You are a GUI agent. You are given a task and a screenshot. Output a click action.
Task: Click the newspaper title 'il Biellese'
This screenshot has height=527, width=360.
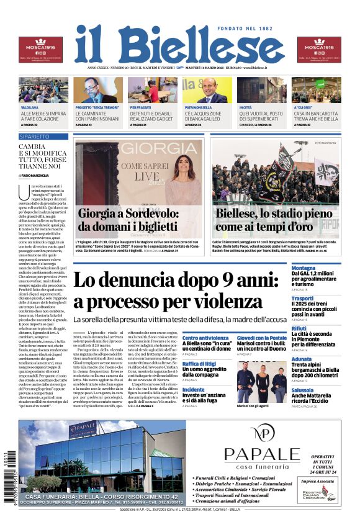[180, 45]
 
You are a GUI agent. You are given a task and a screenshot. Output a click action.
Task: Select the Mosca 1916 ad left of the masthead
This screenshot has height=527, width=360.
[40, 50]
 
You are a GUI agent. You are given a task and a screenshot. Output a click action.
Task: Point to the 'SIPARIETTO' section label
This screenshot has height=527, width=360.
[35, 136]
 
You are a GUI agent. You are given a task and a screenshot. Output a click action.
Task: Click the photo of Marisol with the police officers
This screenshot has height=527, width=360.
[261, 382]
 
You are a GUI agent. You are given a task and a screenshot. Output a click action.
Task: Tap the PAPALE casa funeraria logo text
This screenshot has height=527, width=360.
[261, 455]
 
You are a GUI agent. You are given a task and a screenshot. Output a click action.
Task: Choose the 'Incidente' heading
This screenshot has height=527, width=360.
[194, 390]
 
